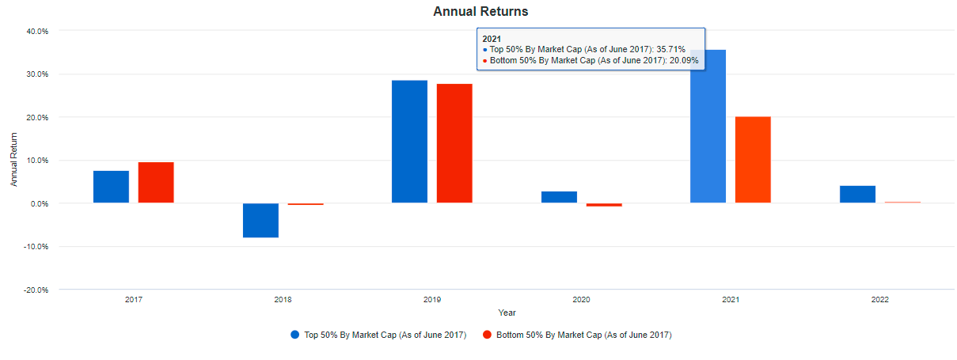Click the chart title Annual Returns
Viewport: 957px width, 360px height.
480,12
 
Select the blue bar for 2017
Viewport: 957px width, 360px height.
111,187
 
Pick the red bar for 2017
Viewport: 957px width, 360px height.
156,183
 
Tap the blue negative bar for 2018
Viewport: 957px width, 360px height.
260,220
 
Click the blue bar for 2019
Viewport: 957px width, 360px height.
409,142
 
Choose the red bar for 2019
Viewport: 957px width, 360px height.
454,143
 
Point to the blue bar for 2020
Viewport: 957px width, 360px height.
559,197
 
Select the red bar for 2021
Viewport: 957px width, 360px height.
753,160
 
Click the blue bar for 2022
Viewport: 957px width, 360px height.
857,195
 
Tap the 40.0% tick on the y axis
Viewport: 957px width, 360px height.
38,31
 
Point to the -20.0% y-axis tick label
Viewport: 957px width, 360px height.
36,290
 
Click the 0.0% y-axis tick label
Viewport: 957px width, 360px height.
40,203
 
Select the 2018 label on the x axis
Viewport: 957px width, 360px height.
283,301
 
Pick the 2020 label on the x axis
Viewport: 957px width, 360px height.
581,301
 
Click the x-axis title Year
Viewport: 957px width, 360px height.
507,313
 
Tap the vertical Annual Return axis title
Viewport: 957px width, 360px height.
14,160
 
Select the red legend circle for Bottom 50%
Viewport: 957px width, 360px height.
488,335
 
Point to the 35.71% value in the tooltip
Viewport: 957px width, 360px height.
670,49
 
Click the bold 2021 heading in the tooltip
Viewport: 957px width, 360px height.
492,38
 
